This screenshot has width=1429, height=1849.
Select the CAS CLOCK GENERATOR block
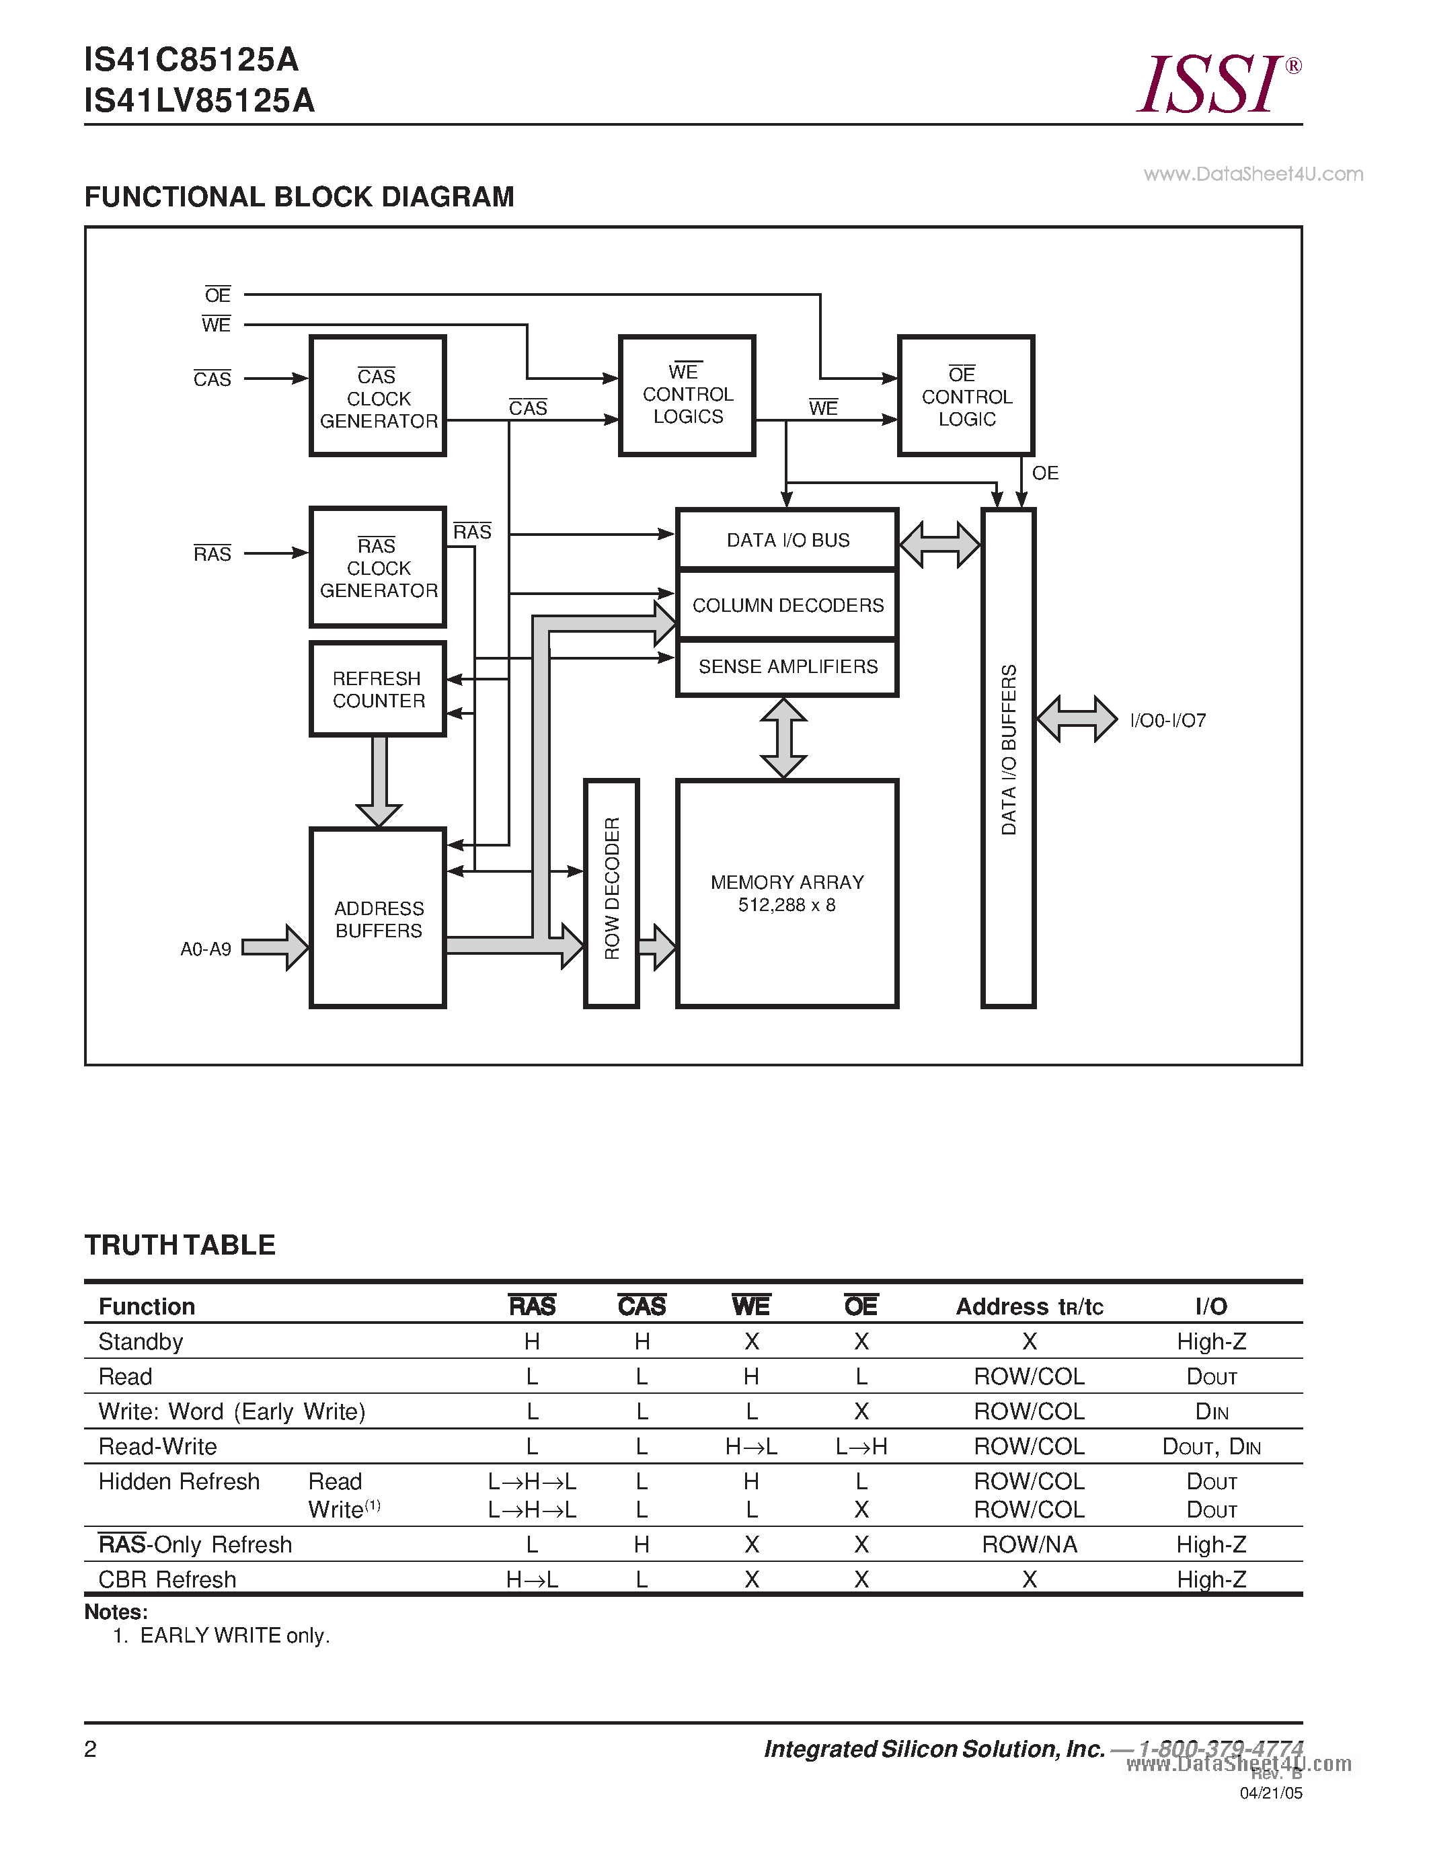pos(377,396)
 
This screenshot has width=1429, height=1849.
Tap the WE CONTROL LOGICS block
pos(687,395)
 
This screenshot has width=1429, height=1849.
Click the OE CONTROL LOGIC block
pos(966,395)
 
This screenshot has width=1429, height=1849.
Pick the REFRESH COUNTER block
pos(377,689)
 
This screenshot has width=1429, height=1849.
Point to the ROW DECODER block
pos(611,892)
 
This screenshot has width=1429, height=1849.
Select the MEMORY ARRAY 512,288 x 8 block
pos(787,892)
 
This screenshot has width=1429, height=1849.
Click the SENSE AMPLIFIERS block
pos(787,667)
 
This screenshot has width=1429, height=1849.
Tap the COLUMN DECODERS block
pos(787,605)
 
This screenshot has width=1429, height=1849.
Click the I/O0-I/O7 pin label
pos(1167,721)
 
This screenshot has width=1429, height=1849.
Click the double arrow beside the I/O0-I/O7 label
pos(1077,719)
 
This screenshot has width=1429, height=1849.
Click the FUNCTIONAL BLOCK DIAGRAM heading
pos(299,197)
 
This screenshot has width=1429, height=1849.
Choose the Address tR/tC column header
pos(1030,1306)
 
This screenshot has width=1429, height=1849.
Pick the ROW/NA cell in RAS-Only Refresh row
pos(1030,1545)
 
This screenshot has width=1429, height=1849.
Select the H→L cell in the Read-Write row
pos(751,1447)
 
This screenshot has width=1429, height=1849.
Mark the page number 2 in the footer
pos(91,1749)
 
